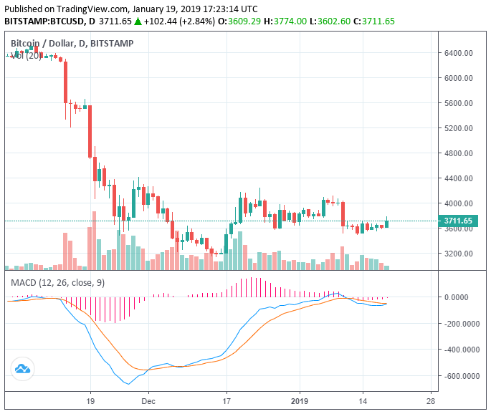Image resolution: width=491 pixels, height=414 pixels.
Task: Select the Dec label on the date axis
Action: tap(148, 402)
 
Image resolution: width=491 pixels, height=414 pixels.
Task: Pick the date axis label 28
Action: tap(430, 402)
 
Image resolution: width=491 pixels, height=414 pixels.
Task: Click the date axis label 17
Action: tap(227, 402)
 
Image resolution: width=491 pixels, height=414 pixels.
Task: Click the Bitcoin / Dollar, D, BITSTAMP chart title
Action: tap(82, 44)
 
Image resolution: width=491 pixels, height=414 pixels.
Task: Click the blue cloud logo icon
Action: tap(22, 370)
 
